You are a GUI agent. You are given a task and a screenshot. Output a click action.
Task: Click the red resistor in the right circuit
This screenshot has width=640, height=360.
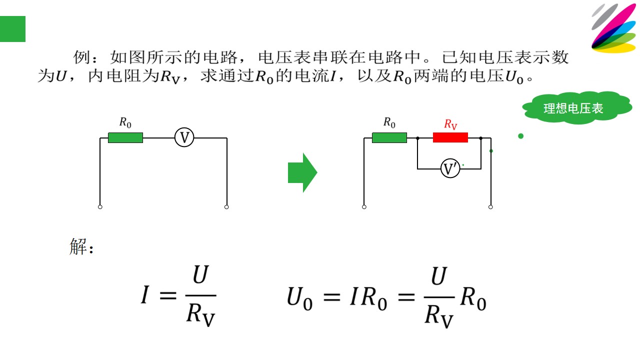tap(450, 137)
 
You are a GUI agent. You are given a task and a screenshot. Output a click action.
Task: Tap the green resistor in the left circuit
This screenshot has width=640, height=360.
tap(125, 137)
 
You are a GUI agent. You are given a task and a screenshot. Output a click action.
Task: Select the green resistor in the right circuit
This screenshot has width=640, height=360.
tap(389, 137)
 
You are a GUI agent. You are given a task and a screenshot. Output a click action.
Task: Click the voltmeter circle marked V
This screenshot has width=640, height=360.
tap(184, 137)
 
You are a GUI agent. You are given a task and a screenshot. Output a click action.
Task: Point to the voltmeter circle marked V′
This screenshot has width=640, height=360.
tap(450, 168)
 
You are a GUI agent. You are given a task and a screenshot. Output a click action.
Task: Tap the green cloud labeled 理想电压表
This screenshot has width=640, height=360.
tap(577, 107)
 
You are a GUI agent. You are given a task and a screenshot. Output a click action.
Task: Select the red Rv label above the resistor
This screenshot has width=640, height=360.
tap(450, 124)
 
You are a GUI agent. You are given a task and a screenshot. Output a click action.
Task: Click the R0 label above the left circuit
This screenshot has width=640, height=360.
tap(125, 122)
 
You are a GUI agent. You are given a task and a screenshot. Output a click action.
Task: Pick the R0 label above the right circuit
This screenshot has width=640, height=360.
tap(389, 122)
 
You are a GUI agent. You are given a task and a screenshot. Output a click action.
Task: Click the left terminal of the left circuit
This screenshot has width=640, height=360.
tap(100, 207)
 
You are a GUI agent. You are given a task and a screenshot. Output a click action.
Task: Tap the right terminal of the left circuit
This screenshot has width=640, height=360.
tap(226, 207)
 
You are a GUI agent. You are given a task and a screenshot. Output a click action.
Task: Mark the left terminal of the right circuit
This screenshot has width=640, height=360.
tap(364, 207)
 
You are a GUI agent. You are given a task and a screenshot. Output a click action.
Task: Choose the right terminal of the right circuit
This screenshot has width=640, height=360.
tap(490, 207)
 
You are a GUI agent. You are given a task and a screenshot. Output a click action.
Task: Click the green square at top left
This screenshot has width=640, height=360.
tap(12, 29)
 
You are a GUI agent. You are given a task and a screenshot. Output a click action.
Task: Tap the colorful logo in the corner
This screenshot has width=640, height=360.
tap(613, 28)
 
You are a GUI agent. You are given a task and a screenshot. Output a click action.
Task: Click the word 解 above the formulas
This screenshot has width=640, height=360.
tap(78, 246)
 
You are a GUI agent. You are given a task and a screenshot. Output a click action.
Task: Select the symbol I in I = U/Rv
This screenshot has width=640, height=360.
tap(145, 295)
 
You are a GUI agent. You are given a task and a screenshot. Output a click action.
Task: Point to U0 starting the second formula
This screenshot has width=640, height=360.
tap(299, 298)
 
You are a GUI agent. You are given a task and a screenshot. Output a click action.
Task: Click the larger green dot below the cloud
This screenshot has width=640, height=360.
tap(521, 136)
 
